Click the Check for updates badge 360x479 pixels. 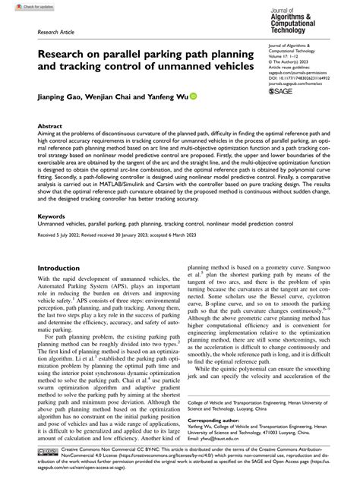[x=23, y=7]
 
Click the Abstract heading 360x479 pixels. [x=50, y=128]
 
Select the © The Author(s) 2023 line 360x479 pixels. [x=292, y=66]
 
